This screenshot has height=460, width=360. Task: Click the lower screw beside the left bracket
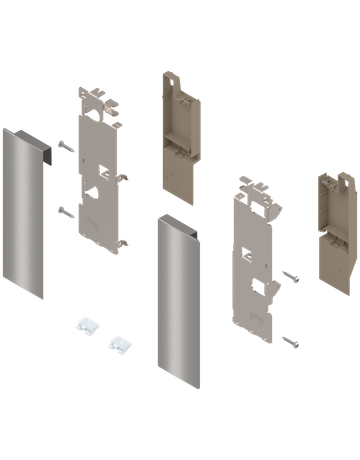66,211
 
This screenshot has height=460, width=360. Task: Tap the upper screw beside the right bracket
290,274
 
